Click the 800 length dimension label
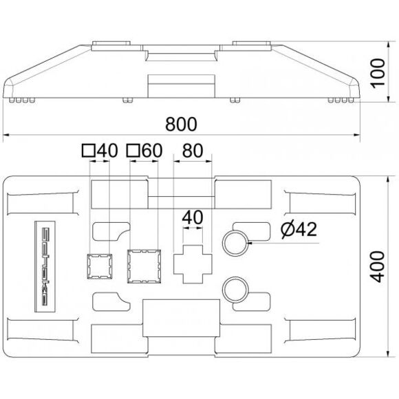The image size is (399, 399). [181, 124]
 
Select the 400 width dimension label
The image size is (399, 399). [378, 266]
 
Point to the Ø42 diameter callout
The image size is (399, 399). [299, 229]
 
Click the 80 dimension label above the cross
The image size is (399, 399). [193, 150]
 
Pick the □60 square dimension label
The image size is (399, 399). [144, 150]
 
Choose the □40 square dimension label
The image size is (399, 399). [100, 150]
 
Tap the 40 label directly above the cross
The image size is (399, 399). [193, 217]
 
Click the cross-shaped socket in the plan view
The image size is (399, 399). [193, 264]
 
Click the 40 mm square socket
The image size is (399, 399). [100, 266]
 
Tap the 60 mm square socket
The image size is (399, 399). [144, 266]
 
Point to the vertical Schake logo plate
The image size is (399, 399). [45, 266]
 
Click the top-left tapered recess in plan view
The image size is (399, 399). [42, 204]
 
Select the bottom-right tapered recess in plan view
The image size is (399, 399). [321, 330]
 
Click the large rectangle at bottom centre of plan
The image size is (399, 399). [181, 318]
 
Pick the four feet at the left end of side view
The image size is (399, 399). [22, 100]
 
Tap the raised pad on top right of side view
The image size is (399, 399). [251, 43]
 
